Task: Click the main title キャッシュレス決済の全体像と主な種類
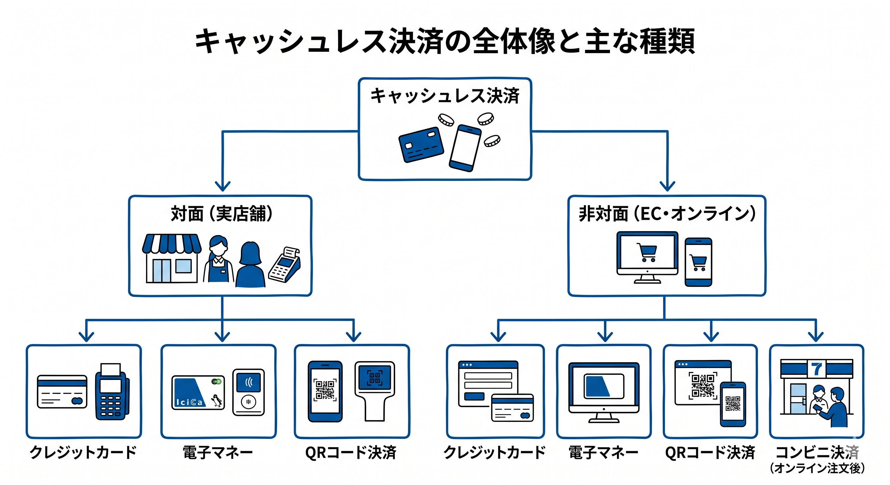(x=445, y=41)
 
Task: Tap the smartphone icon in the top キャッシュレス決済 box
(x=465, y=148)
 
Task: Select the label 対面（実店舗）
(x=222, y=213)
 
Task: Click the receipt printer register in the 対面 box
(x=285, y=265)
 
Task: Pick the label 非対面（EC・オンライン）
(x=667, y=213)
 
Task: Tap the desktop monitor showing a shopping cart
(x=647, y=257)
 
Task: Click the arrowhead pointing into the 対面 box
(x=222, y=186)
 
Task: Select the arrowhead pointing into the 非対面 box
(x=667, y=186)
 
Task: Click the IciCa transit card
(x=198, y=392)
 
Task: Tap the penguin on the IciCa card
(x=217, y=401)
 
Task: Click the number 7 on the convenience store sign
(x=817, y=369)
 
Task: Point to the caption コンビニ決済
(x=817, y=452)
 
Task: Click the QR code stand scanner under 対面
(x=375, y=391)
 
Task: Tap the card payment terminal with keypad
(x=112, y=392)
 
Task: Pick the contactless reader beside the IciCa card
(x=248, y=392)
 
